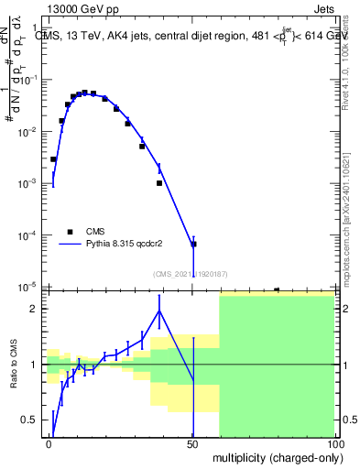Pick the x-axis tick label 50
[x=192, y=444]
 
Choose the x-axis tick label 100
[x=335, y=444]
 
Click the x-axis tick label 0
[x=49, y=444]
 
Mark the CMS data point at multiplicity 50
[x=193, y=245]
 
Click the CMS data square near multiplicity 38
[x=159, y=183]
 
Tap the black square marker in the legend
[x=70, y=232]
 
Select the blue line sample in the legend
[x=70, y=245]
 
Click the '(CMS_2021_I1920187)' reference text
[x=191, y=274]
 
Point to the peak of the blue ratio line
[x=159, y=311]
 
